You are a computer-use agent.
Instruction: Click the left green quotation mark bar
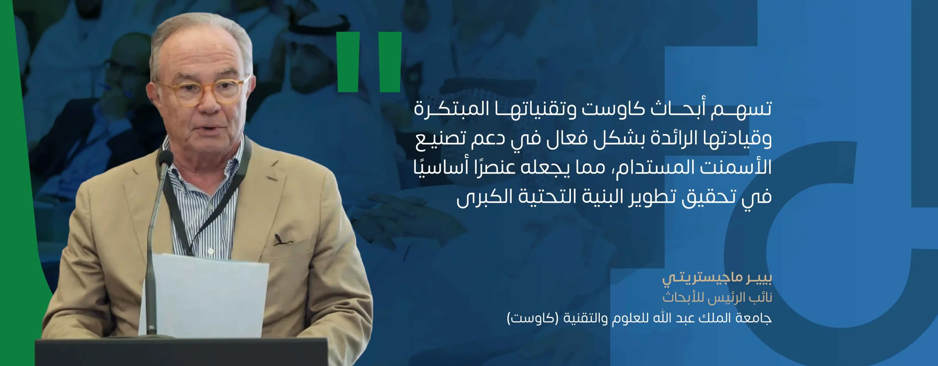[348, 62]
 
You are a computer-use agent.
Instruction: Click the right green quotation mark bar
[391, 62]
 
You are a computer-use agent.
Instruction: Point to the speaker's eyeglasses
[204, 91]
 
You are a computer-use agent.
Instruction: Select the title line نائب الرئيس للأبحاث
[717, 298]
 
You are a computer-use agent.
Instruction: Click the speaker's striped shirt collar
[205, 154]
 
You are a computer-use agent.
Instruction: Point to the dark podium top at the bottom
[181, 352]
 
